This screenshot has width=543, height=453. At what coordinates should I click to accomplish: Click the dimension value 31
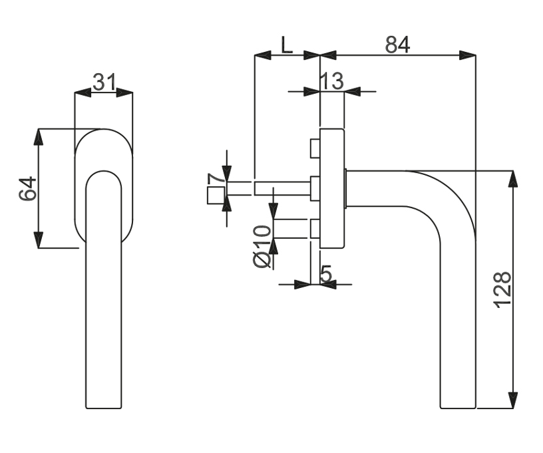104,82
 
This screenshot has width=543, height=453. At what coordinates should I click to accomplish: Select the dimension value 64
28,188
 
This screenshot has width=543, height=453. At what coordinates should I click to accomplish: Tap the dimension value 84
397,45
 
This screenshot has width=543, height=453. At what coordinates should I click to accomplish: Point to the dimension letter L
286,45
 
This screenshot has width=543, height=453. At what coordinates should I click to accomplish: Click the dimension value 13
331,81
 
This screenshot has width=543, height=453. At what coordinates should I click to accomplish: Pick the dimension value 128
502,290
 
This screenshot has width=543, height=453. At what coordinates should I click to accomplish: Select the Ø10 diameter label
262,246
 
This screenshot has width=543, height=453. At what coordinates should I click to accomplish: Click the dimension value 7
216,179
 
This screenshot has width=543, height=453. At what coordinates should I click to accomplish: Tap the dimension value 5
326,273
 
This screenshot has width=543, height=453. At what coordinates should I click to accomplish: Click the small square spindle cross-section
216,196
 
